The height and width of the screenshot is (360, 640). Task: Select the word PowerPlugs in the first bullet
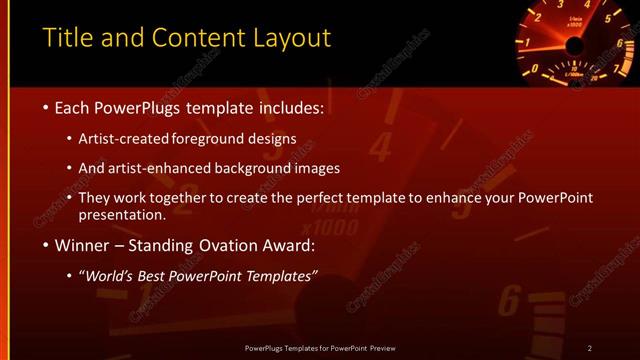point(139,106)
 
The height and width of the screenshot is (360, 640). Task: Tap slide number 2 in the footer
point(589,348)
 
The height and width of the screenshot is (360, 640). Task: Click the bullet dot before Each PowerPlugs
point(46,106)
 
